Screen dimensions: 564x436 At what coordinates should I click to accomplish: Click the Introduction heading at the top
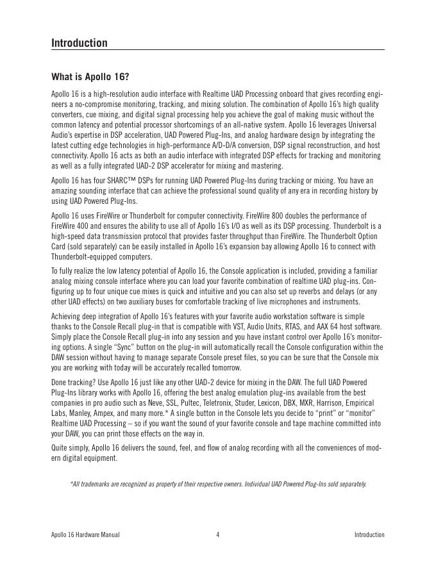coord(80,43)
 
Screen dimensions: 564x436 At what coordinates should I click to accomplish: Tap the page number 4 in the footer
coord(218,535)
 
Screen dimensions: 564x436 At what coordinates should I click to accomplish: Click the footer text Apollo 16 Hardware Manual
coord(85,535)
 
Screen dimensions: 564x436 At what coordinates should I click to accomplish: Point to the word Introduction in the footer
coord(369,535)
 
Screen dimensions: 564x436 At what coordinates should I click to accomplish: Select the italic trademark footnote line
coord(218,484)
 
